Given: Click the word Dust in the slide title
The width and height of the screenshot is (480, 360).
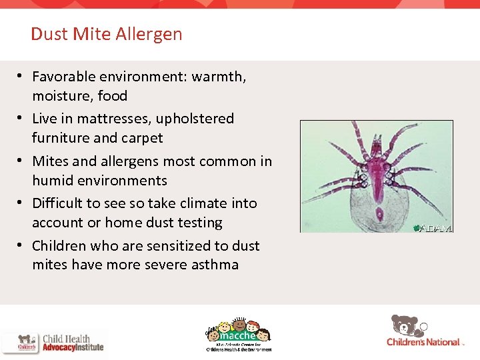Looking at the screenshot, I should [x=45, y=34].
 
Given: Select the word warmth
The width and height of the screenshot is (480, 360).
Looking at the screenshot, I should [x=219, y=77].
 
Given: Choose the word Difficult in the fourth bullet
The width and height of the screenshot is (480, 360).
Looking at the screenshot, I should [x=58, y=203].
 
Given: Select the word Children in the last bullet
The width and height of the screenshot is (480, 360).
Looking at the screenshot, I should [x=59, y=246].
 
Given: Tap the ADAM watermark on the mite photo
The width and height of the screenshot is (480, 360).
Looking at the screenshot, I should [x=433, y=227].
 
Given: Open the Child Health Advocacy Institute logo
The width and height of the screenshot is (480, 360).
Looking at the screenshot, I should [x=53, y=342].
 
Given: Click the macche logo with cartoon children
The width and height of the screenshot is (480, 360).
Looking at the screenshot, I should [x=238, y=333].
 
